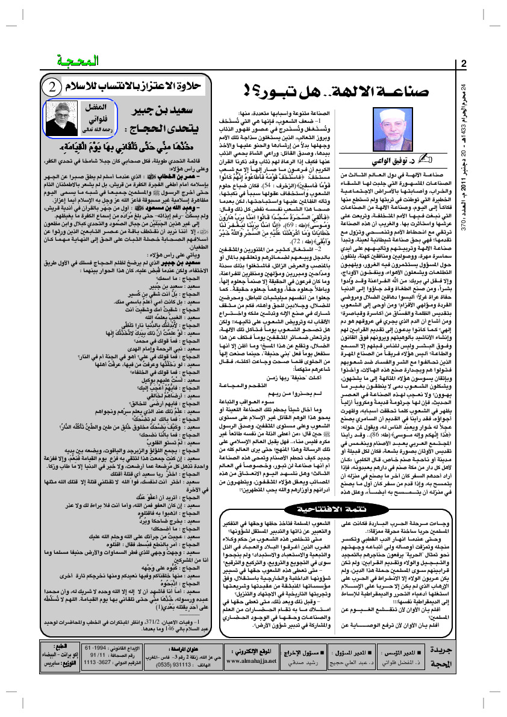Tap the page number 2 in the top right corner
[x=464, y=64]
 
